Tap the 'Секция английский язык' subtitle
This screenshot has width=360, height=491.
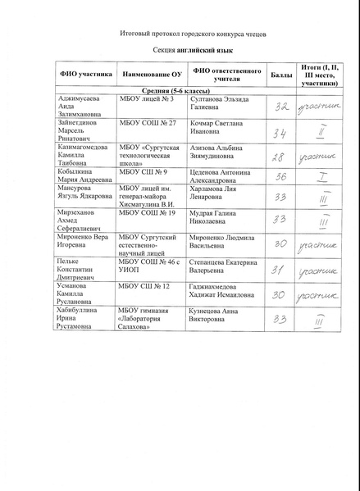180,51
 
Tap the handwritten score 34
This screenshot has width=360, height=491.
280,133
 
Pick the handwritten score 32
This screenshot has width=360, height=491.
281,107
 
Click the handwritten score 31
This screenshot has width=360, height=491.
279,269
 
